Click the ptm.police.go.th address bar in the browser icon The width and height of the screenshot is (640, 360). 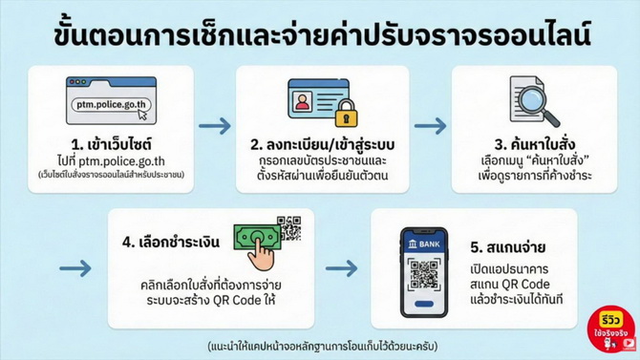pos(111,105)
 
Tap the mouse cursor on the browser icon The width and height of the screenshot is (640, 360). pos(142,115)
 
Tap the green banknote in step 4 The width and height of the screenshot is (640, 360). pos(257,237)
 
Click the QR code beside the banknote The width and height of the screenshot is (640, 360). pos(289,228)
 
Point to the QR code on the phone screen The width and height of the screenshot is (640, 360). pos(424,275)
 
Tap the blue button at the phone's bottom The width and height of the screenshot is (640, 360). pos(424,304)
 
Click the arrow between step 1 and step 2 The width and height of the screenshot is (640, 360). pos(215,126)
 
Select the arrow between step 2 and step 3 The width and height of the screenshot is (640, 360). pos(430,126)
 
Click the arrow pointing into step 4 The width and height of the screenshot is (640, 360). pos(75,268)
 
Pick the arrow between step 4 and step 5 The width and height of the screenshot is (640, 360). pos(341,268)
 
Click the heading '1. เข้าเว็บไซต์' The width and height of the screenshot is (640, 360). pos(111,144)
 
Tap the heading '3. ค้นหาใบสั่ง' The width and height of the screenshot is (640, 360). pos(535,144)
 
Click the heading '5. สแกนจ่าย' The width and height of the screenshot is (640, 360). pos(508,247)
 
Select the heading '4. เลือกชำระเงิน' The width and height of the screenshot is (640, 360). pos(171,242)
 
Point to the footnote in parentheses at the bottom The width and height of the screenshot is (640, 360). pos(323,346)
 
